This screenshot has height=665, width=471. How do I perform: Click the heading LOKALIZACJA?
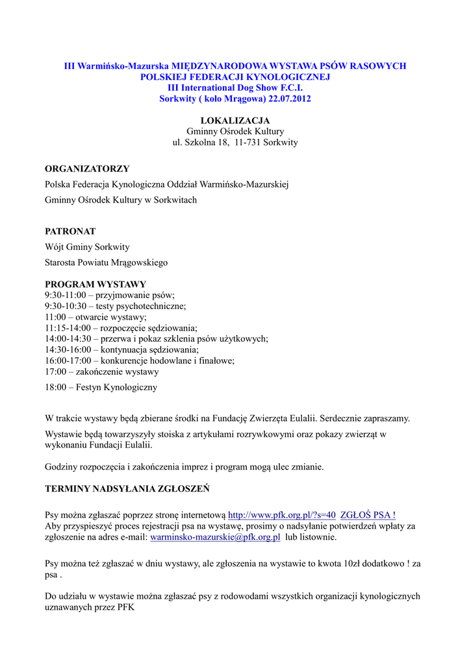tap(235, 121)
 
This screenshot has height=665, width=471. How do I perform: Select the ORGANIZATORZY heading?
tap(87, 169)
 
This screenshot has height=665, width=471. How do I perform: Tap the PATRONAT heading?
tap(70, 231)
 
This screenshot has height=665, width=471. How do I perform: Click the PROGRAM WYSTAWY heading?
tap(95, 284)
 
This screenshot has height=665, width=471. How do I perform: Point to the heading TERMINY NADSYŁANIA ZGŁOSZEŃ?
tap(127, 488)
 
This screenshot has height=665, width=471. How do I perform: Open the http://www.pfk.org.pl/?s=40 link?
tap(282, 515)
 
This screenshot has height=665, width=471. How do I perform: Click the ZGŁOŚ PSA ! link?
tap(368, 515)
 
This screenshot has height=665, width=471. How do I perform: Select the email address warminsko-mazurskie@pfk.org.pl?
tap(215, 537)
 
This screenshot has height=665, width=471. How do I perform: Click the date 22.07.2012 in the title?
tap(290, 98)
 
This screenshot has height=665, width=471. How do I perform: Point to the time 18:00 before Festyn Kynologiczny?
tap(56, 387)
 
